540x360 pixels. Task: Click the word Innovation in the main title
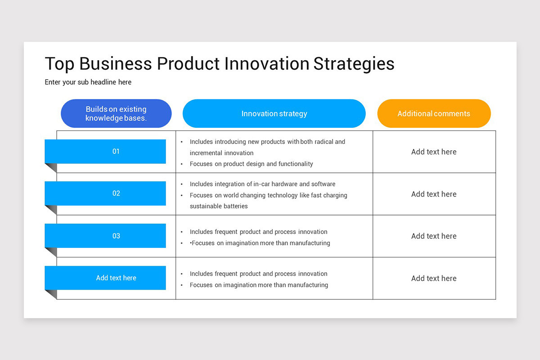click(x=266, y=63)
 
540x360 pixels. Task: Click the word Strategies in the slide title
click(x=354, y=64)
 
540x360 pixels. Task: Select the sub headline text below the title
click(x=88, y=82)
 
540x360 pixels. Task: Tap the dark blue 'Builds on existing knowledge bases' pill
click(x=116, y=113)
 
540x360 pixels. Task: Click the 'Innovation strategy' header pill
click(x=274, y=113)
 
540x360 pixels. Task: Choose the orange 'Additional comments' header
click(x=434, y=113)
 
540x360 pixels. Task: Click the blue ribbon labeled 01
click(x=105, y=152)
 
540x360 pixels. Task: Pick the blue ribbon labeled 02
click(x=105, y=193)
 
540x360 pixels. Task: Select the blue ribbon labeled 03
click(x=105, y=236)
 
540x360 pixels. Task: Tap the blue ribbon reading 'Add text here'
click(x=105, y=278)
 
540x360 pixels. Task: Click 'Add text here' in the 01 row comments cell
click(x=434, y=152)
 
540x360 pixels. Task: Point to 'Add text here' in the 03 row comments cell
click(x=434, y=236)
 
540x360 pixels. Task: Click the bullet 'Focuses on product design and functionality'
click(x=251, y=164)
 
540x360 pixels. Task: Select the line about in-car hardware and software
click(x=262, y=184)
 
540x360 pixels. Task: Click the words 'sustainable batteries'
click(x=219, y=206)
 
